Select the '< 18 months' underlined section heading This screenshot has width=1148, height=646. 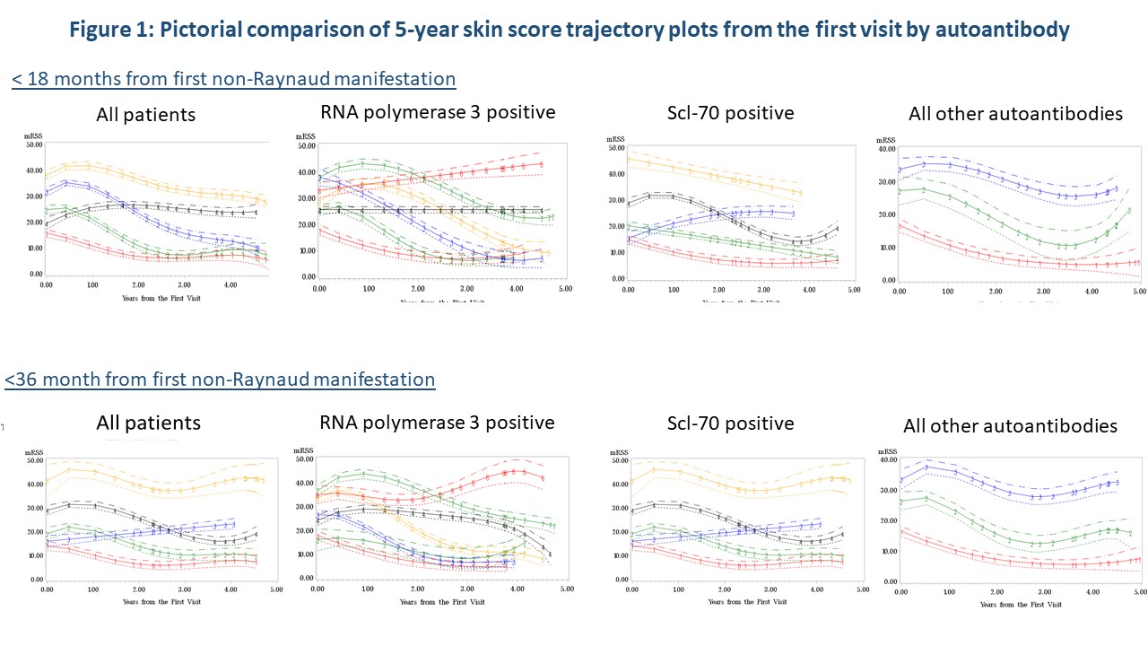(x=233, y=79)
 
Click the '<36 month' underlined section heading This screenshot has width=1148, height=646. (x=220, y=380)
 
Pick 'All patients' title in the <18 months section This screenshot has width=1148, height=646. (x=146, y=115)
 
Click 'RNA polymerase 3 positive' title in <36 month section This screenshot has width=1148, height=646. (x=437, y=422)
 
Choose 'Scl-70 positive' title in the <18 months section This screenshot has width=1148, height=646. (x=730, y=113)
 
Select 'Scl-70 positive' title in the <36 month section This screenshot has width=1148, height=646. (x=730, y=423)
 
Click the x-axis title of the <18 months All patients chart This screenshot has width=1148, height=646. (x=149, y=297)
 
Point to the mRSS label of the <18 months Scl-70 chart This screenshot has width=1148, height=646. (x=615, y=139)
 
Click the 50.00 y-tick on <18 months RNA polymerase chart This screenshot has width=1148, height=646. (x=306, y=145)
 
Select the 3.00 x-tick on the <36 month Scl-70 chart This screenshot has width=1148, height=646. (x=767, y=590)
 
